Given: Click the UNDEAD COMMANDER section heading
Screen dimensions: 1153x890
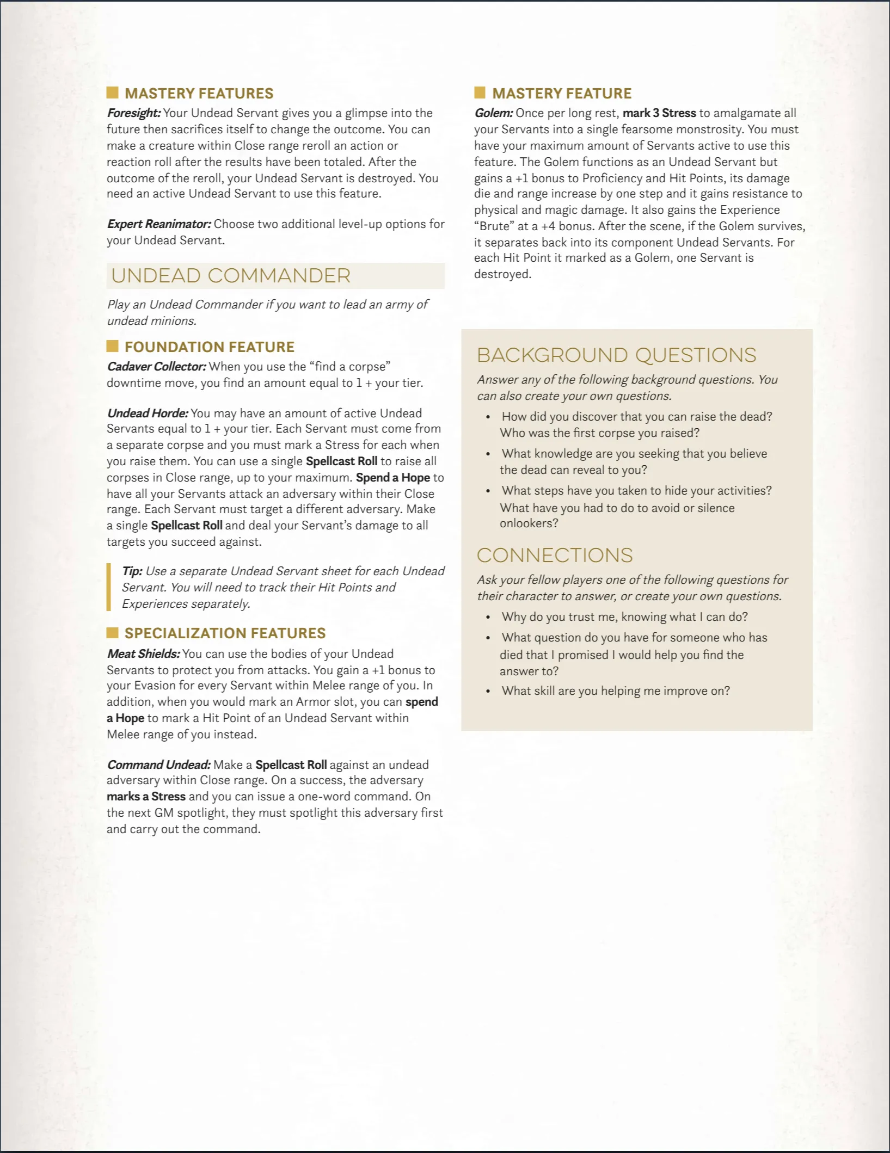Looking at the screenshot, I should tap(231, 276).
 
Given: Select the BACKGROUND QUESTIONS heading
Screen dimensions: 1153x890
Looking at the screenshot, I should tap(616, 355).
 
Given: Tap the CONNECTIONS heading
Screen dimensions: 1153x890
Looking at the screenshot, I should tap(555, 555).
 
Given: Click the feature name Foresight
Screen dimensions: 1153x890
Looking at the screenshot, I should tap(133, 113).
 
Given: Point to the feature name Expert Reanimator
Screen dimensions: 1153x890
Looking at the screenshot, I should tap(159, 224).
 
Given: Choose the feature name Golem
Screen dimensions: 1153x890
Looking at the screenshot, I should tap(493, 113).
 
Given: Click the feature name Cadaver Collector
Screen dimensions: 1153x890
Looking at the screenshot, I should tap(156, 367).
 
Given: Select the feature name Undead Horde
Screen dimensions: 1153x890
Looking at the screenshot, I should tap(148, 414).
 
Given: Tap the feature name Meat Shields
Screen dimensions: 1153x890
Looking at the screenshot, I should tap(143, 654).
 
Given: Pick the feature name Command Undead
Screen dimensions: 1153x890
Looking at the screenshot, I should tap(158, 765).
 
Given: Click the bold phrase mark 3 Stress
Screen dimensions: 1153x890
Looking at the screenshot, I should tap(659, 113).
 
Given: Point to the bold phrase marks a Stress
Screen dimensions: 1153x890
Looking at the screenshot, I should tap(146, 797).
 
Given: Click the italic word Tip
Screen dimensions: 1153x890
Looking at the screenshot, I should tap(132, 571).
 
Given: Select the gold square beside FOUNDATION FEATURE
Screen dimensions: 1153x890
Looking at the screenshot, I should tap(113, 347).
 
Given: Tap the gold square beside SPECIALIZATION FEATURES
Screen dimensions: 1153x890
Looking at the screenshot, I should tap(113, 633).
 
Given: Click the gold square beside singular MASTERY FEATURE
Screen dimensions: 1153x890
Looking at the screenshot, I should tap(480, 93).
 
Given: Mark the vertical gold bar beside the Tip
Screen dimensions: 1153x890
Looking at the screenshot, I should tap(109, 587).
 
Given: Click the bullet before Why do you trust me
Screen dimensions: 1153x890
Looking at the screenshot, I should tap(488, 618).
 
